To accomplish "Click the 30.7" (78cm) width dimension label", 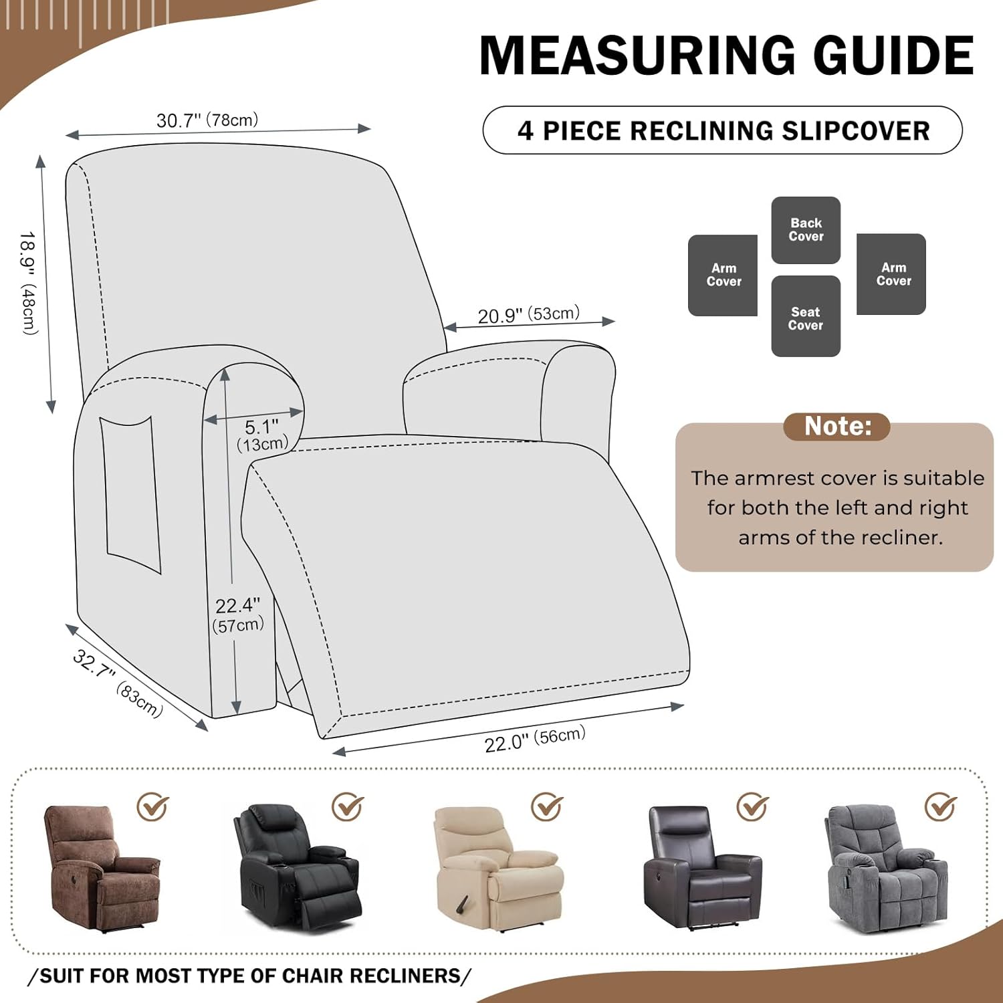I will [207, 120].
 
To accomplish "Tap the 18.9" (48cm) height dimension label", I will [29, 282].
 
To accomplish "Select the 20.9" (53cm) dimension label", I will [528, 315].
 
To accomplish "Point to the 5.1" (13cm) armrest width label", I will [263, 435].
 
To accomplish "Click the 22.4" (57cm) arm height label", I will [238, 615].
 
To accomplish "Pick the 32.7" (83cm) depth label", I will [118, 683].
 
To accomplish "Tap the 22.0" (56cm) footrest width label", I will [535, 739].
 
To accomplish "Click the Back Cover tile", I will [806, 230].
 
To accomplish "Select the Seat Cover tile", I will [806, 317].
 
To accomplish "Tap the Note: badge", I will [837, 427].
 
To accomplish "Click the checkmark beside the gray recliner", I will [940, 806].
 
